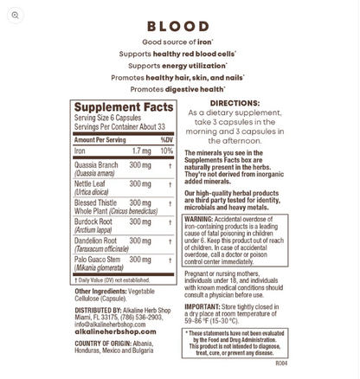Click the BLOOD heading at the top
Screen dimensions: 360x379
pyautogui.click(x=179, y=26)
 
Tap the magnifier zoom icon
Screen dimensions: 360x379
pyautogui.click(x=15, y=15)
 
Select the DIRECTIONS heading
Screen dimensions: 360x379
pyautogui.click(x=235, y=103)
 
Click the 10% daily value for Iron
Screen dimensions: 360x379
pyautogui.click(x=166, y=151)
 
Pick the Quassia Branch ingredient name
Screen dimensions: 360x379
pyautogui.click(x=96, y=164)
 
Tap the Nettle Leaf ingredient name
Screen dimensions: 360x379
pyautogui.click(x=90, y=183)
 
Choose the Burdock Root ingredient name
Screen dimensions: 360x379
pyautogui.click(x=93, y=222)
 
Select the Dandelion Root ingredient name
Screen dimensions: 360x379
pyautogui.click(x=97, y=241)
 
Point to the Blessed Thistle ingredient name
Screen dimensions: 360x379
pyautogui.click(x=95, y=202)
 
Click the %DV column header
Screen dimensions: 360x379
pyautogui.click(x=166, y=139)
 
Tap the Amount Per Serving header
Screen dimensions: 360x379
pyautogui.click(x=100, y=139)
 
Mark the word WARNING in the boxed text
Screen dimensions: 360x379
pyautogui.click(x=201, y=219)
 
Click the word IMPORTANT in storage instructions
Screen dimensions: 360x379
pyautogui.click(x=202, y=306)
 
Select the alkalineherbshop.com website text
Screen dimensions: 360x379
pyautogui.click(x=115, y=331)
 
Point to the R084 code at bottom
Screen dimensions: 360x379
pyautogui.click(x=280, y=363)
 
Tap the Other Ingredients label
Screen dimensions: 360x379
pyautogui.click(x=100, y=291)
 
